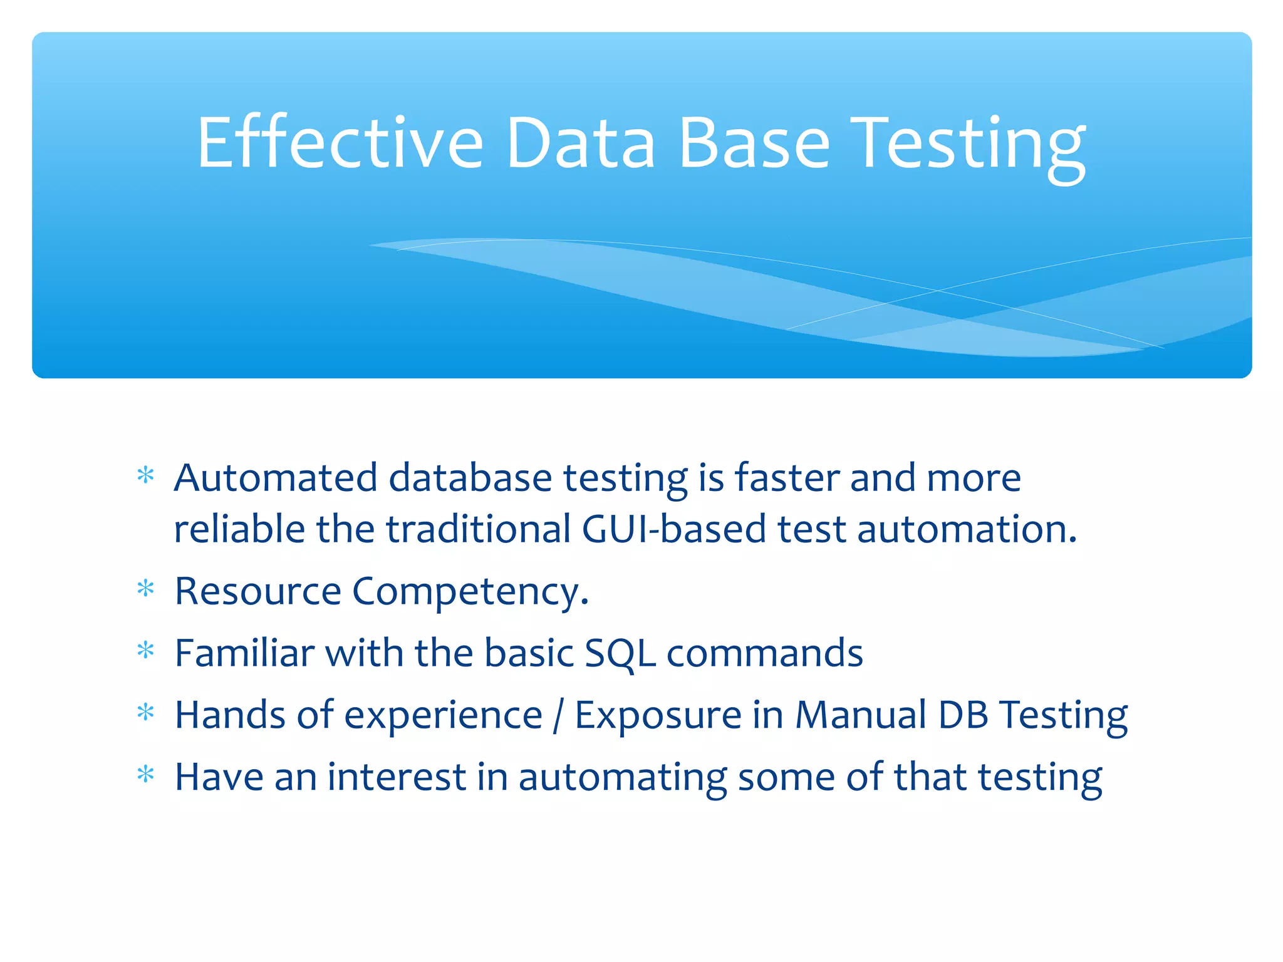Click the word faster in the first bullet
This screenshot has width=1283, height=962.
(x=786, y=478)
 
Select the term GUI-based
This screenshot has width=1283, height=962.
(x=673, y=529)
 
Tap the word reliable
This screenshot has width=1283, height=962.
(x=239, y=529)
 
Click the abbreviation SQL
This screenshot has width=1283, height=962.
(x=620, y=654)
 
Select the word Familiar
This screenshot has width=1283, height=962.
(x=244, y=653)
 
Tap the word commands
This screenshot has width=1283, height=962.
(x=764, y=653)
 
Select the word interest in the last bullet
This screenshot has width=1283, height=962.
(x=397, y=777)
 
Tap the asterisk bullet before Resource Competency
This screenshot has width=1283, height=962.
(x=145, y=589)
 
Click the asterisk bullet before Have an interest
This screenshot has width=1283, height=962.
(x=145, y=775)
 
